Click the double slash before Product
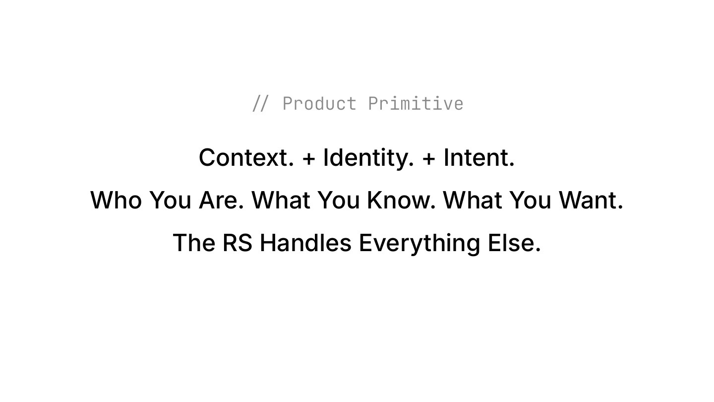coord(260,104)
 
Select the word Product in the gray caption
coord(319,104)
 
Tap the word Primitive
coord(416,104)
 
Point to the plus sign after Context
coord(308,158)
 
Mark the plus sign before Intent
coord(429,158)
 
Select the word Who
coord(116,201)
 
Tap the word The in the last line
coord(194,243)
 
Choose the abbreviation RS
coord(237,243)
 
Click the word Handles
coord(305,243)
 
